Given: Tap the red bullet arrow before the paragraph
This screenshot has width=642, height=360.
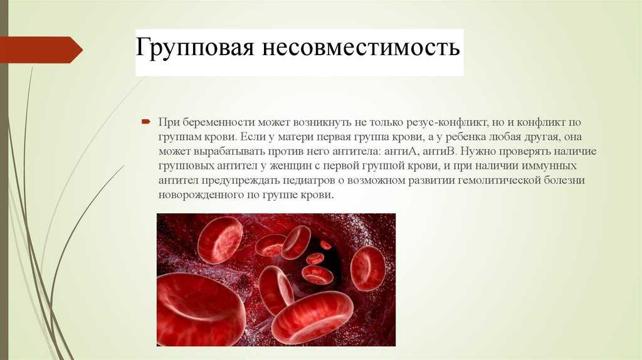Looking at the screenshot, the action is (x=146, y=121).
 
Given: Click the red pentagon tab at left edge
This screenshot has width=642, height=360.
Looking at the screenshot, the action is (x=41, y=50).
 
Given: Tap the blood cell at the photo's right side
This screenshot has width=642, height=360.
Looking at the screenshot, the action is (x=367, y=268).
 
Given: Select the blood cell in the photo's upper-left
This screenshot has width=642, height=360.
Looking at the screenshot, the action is (x=220, y=240).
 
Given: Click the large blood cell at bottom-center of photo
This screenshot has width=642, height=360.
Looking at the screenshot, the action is (x=312, y=317).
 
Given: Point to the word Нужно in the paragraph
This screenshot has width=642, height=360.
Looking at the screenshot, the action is (x=476, y=152).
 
